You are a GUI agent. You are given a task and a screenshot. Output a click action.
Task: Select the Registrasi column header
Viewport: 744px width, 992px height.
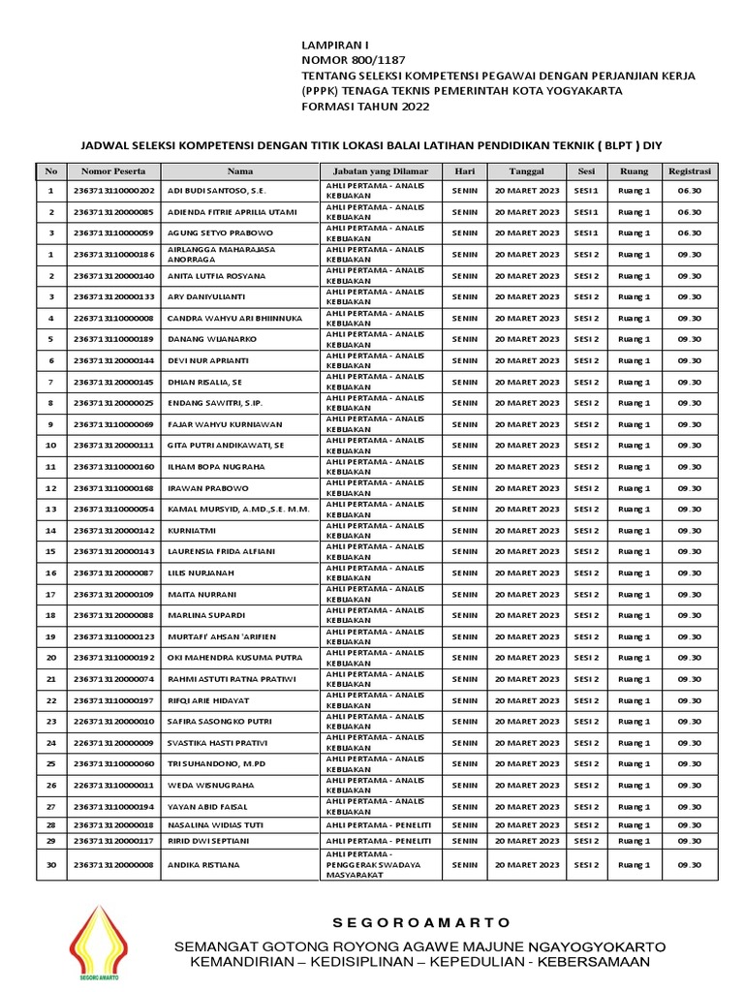pos(690,170)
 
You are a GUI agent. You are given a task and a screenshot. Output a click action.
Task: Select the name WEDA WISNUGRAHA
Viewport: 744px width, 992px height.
pos(211,785)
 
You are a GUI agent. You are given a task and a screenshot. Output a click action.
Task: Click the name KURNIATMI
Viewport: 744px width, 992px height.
pos(193,531)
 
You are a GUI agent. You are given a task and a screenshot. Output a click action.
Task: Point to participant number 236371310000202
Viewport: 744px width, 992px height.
pos(113,191)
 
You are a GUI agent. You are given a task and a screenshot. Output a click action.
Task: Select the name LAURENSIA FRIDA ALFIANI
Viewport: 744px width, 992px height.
pos(222,551)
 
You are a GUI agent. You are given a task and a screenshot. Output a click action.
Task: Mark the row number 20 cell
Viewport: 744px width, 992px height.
pos(50,658)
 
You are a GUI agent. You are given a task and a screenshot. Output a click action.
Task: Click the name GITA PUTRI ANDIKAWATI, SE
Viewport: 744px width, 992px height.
pos(227,446)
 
